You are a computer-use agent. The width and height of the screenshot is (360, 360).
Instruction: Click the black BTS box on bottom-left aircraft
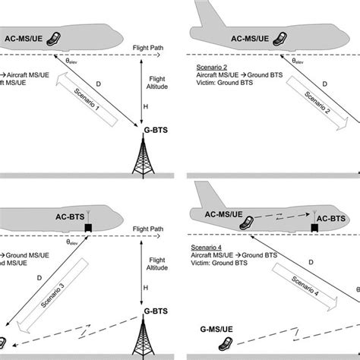click(x=89, y=228)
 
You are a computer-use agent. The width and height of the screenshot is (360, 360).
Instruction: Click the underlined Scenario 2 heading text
click(x=210, y=66)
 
